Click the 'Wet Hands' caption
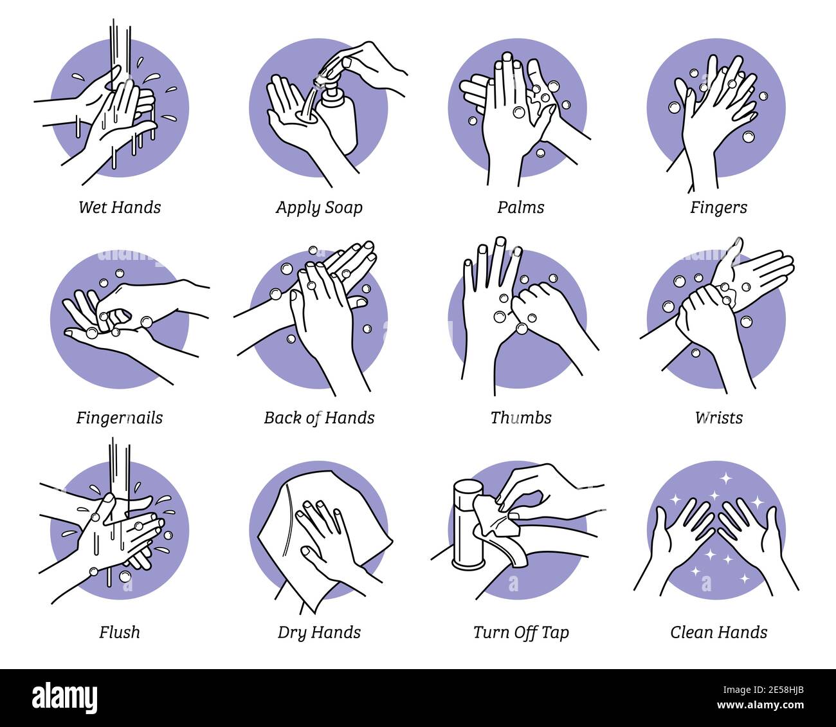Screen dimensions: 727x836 point(120,207)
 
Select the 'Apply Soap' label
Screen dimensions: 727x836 point(319,207)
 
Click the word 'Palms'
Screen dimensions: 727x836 point(520,207)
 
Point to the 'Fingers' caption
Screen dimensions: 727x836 point(718,207)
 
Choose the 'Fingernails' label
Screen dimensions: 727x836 point(120,418)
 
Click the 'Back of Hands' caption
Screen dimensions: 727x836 point(319,418)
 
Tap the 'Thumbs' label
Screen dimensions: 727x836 point(520,418)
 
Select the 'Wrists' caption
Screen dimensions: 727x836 point(718,418)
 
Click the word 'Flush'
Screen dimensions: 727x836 point(120,632)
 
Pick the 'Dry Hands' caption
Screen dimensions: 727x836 point(319,632)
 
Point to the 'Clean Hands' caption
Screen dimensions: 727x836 point(718,632)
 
